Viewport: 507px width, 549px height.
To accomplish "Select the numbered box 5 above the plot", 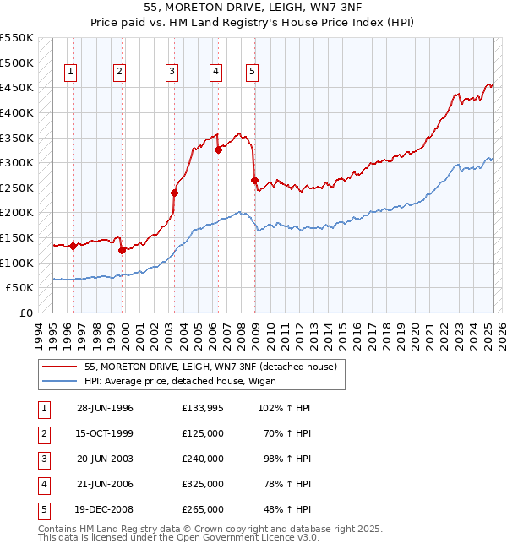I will coord(252,73).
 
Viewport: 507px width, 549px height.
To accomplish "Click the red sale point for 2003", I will coord(175,193).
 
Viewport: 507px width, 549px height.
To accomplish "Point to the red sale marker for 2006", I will coord(218,150).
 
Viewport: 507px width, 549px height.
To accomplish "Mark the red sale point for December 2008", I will coord(254,180).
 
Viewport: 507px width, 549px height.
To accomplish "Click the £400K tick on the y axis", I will coord(19,112).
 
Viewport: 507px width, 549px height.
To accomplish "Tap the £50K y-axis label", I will coord(21,288).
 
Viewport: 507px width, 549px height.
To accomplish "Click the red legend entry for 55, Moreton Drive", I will coord(211,367).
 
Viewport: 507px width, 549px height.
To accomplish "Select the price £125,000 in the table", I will coord(203,433).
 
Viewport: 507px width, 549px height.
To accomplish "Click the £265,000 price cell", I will coord(203,509).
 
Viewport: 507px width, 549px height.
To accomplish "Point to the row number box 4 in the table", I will coord(42,484).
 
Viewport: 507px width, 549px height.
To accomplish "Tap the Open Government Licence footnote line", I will coord(178,537).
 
